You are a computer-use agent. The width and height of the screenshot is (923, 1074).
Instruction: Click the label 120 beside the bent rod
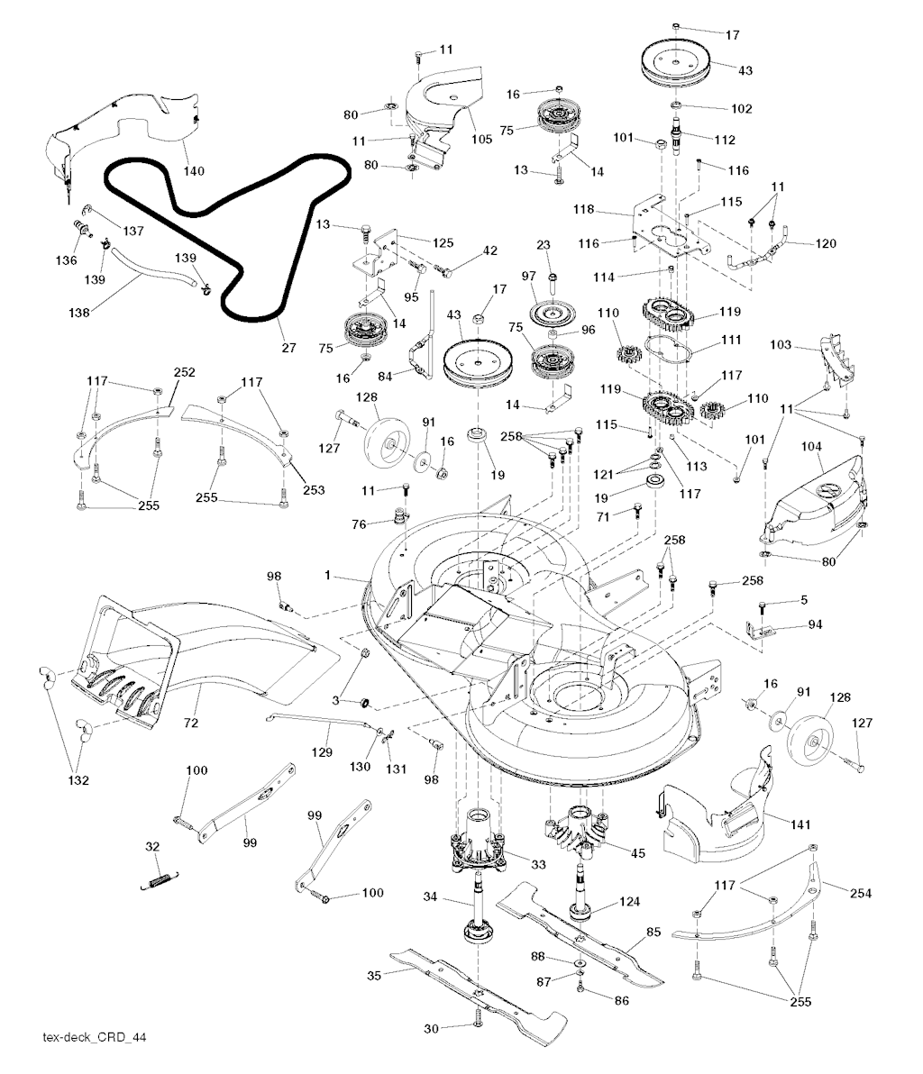tap(825, 243)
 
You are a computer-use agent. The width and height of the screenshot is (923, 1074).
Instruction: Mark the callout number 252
tap(184, 371)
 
